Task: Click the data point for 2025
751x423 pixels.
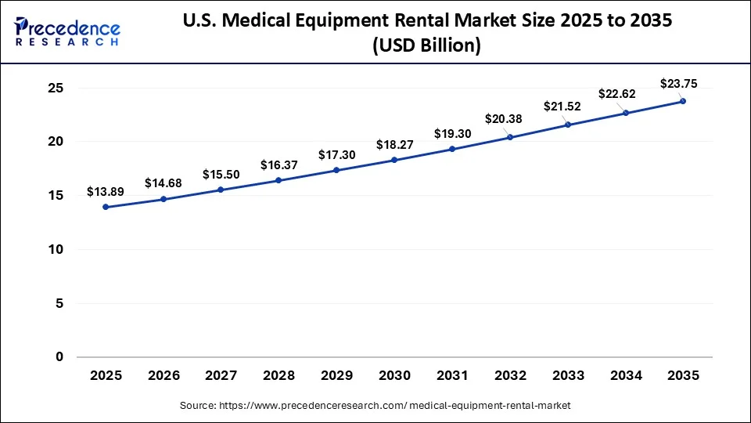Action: (x=106, y=207)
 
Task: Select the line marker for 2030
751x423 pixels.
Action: (x=394, y=160)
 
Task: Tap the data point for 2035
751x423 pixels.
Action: (x=683, y=101)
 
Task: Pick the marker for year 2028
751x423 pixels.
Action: (x=279, y=180)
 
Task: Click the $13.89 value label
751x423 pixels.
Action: (x=106, y=192)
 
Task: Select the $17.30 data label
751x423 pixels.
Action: (x=337, y=155)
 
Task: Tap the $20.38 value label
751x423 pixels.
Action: (x=510, y=119)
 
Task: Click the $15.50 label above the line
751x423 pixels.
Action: (x=221, y=174)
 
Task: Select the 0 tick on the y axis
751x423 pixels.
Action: (x=58, y=357)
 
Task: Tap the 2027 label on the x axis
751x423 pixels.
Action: (x=221, y=376)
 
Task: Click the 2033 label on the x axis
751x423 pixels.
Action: (x=568, y=376)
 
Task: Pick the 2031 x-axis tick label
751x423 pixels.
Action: (x=452, y=376)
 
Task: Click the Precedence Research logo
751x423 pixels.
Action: (x=67, y=31)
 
